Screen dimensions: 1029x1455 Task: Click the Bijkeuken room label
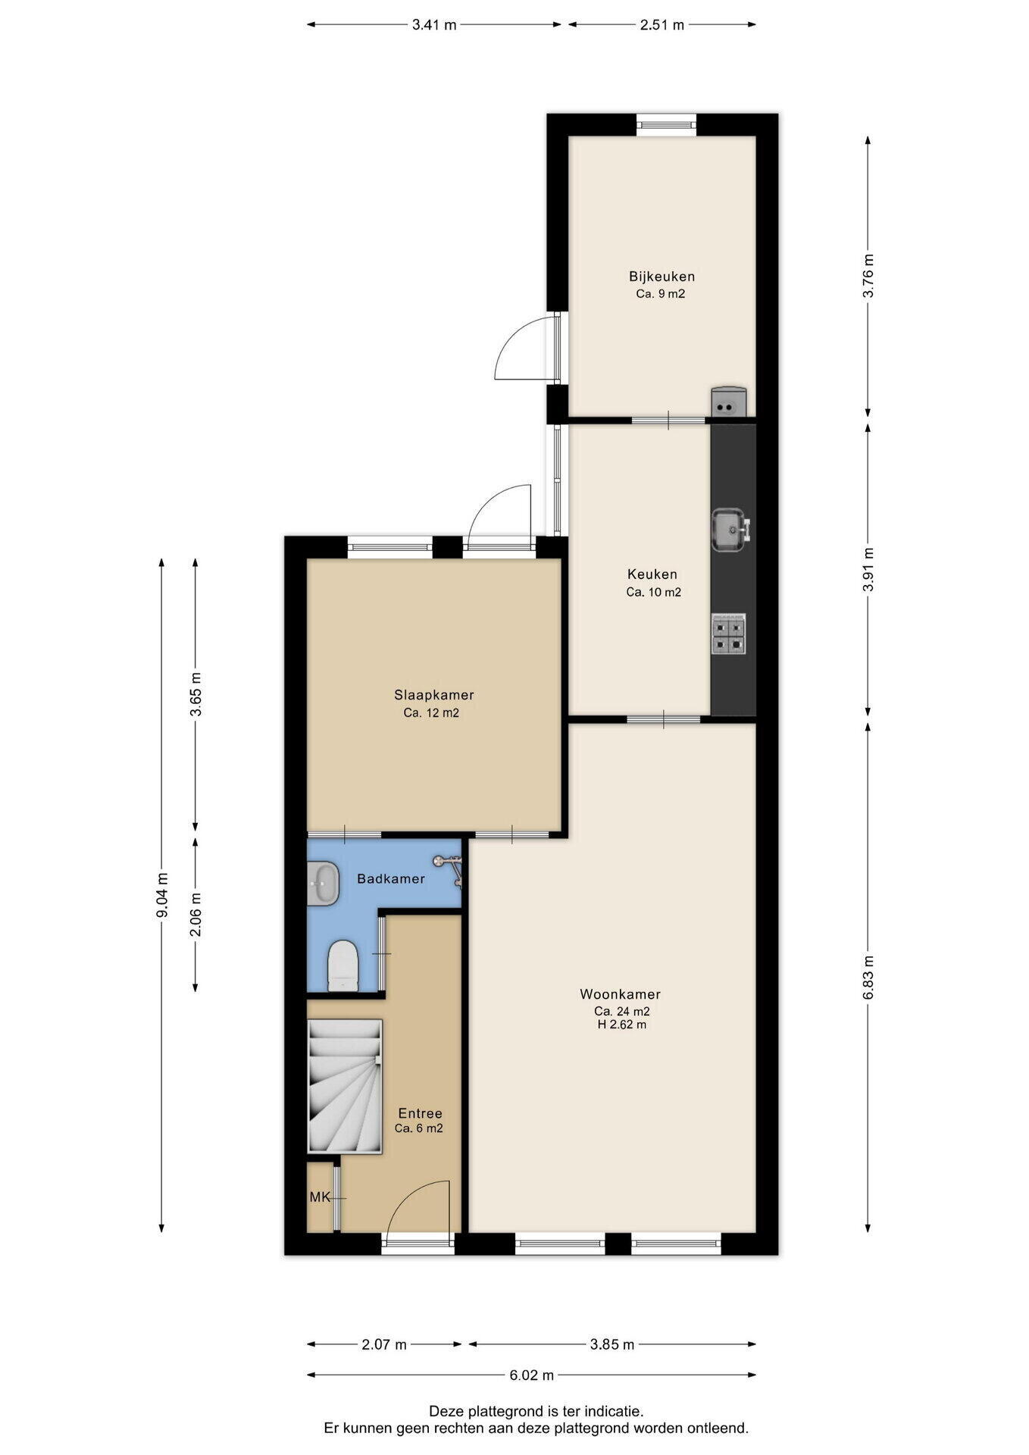[x=661, y=277]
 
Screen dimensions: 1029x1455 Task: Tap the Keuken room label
[x=652, y=574]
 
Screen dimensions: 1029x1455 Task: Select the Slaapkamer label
[x=434, y=695]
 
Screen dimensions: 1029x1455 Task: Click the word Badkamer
[x=391, y=879]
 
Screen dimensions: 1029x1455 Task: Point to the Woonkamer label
[x=621, y=994]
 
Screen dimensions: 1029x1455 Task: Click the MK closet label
[x=320, y=1197]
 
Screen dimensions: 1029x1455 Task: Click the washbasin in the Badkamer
[x=324, y=883]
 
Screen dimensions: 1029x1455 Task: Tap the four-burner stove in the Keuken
[x=728, y=634]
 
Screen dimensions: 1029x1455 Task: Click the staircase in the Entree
[x=344, y=1086]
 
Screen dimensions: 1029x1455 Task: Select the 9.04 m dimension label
[x=161, y=896]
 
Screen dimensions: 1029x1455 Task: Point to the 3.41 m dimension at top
[x=434, y=25]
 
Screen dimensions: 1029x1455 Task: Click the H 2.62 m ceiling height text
[x=621, y=1025]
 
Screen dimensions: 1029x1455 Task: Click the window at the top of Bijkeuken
[x=666, y=124]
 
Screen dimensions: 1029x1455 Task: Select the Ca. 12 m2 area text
[x=431, y=713]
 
